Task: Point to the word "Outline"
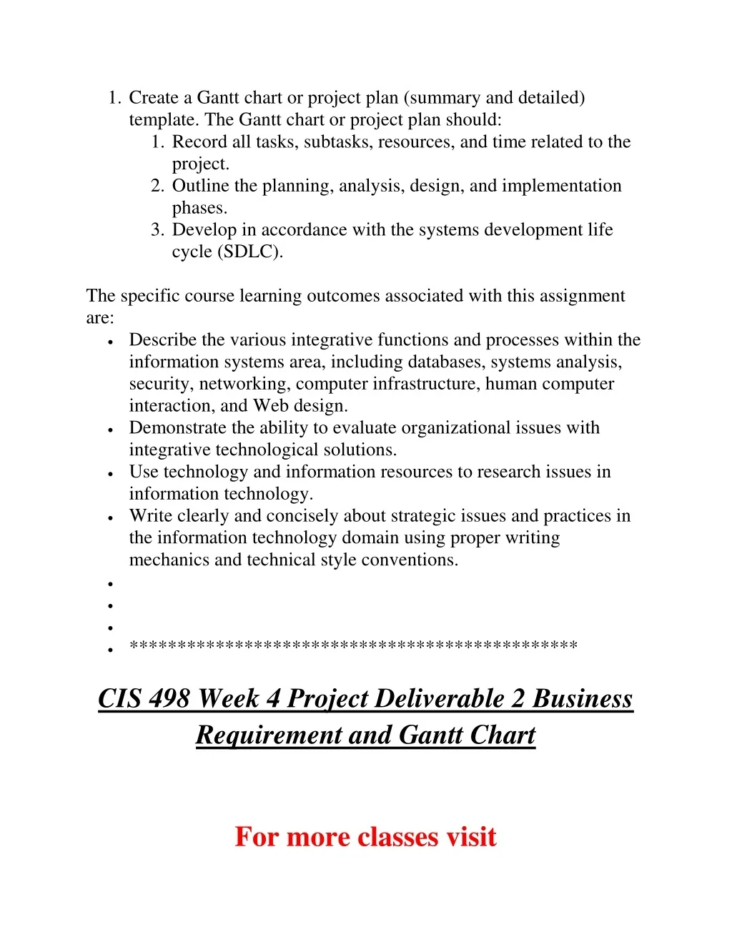[x=200, y=186]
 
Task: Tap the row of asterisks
[x=353, y=647]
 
